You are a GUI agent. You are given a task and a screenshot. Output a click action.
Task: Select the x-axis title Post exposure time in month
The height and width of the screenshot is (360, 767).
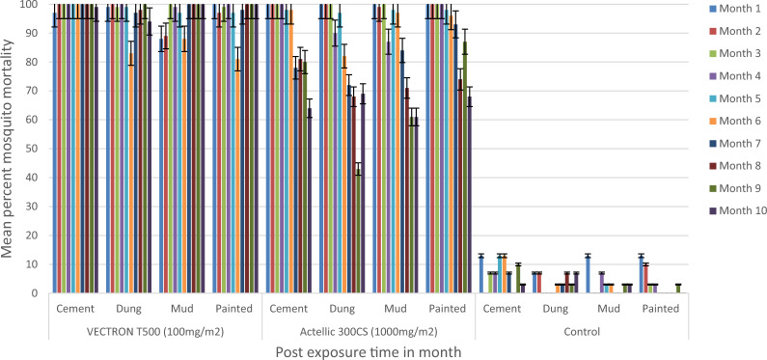369,351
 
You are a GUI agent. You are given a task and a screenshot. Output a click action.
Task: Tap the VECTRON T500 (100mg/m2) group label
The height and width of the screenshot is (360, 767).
155,332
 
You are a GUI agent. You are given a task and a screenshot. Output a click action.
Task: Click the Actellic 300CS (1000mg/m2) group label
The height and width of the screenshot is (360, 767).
369,332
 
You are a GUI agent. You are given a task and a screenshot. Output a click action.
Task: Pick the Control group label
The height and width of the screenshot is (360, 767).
582,332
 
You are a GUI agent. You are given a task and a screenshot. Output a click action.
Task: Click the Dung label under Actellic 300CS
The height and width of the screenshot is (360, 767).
342,309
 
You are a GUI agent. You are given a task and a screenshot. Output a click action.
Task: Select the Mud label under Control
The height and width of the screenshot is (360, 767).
609,309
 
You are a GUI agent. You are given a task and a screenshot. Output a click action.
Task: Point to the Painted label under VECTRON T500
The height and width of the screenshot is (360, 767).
234,309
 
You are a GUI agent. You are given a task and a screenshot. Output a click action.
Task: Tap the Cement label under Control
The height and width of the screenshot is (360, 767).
502,309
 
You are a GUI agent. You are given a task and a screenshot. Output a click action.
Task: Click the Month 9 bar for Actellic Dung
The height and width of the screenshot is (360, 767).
359,231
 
